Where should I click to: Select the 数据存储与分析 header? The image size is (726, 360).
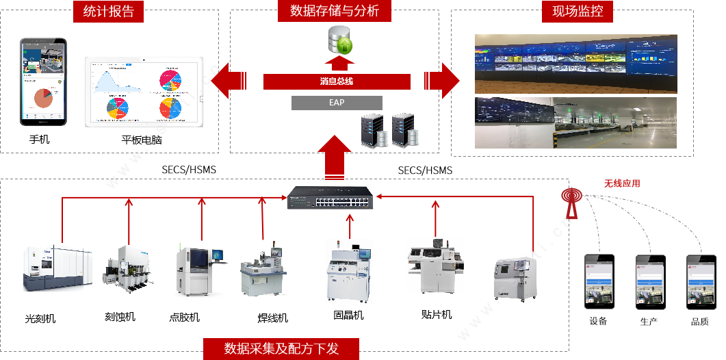coord(335,11)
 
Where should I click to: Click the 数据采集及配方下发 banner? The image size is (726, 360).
coord(281,348)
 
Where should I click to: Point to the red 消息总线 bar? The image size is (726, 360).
coord(337,81)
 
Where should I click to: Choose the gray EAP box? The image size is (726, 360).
coord(337,103)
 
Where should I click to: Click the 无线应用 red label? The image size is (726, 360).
coord(622,183)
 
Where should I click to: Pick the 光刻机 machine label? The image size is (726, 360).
coord(40,319)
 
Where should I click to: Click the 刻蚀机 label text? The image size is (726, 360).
coord(120,316)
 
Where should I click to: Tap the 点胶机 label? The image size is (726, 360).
coord(185,318)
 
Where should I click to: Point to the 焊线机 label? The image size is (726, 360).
coord(272,318)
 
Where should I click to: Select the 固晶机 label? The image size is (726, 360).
coord(348,315)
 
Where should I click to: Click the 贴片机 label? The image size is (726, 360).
coord(437,314)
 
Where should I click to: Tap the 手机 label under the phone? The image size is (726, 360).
coord(39,139)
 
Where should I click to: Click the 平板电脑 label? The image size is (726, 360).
coord(142,140)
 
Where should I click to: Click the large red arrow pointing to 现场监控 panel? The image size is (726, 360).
coord(441,80)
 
